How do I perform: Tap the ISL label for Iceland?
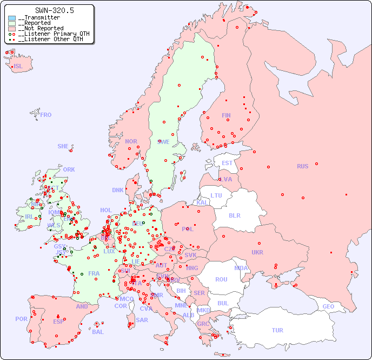coord(18,67)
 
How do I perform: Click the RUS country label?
coord(302,166)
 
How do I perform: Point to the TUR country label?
coord(277,330)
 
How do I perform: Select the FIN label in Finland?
coord(226,115)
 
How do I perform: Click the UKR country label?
coord(257,252)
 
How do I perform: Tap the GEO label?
coord(328,306)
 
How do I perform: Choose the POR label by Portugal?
coord(21,319)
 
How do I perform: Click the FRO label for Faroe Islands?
coord(46,115)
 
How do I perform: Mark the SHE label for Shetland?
coord(63,146)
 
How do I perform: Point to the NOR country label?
coord(131,141)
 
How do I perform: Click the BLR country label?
coord(234,215)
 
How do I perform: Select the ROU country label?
coord(221,279)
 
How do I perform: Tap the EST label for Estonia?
coord(227,163)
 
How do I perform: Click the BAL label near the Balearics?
coord(98,332)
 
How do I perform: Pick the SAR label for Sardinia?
coord(142,320)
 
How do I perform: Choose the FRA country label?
coord(94,273)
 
